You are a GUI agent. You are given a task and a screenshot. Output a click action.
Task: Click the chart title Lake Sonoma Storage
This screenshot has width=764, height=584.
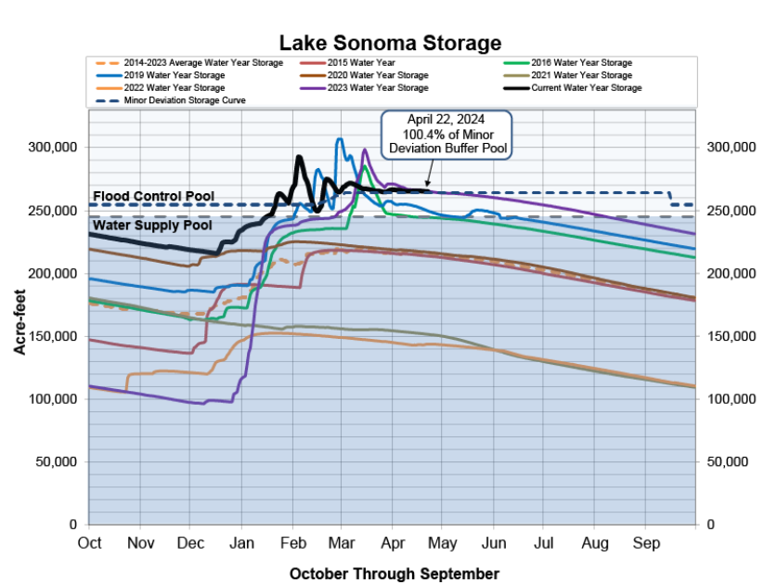pyautogui.click(x=391, y=43)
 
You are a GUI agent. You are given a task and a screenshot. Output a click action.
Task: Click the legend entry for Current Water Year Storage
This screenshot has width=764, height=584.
pyautogui.click(x=586, y=87)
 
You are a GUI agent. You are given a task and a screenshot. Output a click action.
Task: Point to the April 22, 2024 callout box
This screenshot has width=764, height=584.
pyautogui.click(x=447, y=135)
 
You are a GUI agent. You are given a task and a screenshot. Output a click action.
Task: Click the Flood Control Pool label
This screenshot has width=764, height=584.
pyautogui.click(x=153, y=197)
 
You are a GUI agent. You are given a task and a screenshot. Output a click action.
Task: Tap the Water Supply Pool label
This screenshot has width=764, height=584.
pyautogui.click(x=152, y=226)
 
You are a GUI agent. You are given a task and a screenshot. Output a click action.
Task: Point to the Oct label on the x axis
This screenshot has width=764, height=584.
pyautogui.click(x=90, y=541)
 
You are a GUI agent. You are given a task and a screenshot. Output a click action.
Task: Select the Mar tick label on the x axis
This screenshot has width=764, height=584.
pyautogui.click(x=340, y=541)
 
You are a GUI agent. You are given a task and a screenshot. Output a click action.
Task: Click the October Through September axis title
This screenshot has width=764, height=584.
pyautogui.click(x=394, y=573)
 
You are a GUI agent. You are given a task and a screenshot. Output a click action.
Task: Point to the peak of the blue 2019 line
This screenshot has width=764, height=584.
pyautogui.click(x=339, y=139)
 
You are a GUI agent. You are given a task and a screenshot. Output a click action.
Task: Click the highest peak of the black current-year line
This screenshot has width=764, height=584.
pyautogui.click(x=298, y=157)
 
